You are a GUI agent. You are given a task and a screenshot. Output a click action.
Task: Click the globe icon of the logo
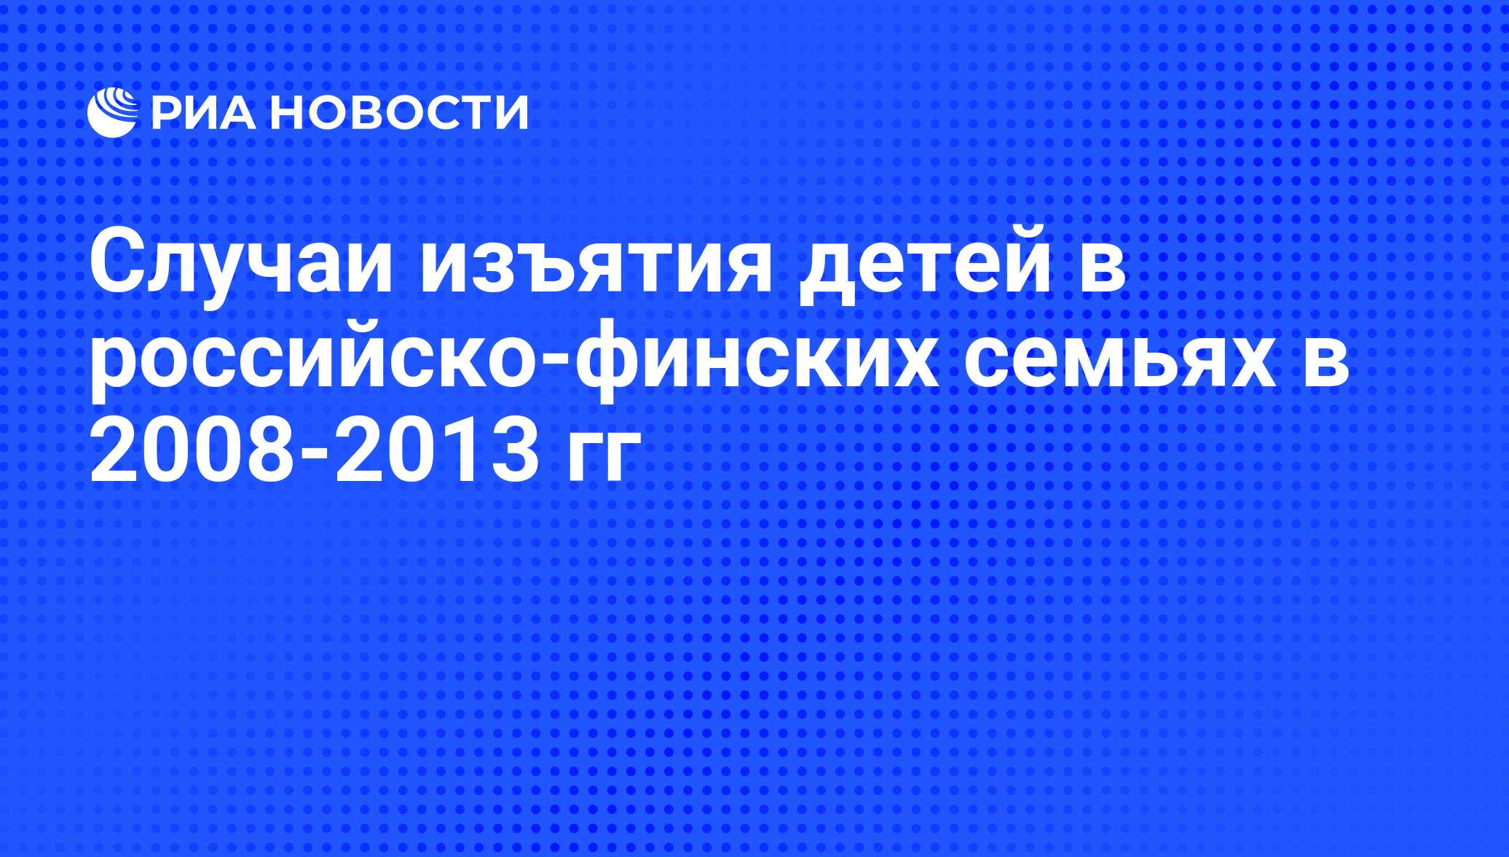coord(113,112)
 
